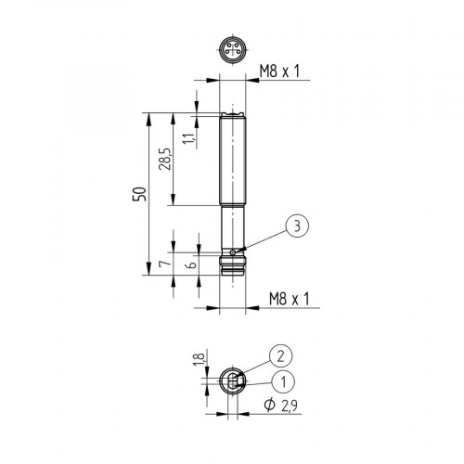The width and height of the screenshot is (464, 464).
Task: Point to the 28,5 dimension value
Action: tap(164, 159)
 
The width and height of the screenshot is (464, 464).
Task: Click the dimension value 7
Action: tap(164, 264)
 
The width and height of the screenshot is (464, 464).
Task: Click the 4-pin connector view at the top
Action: tap(231, 50)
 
